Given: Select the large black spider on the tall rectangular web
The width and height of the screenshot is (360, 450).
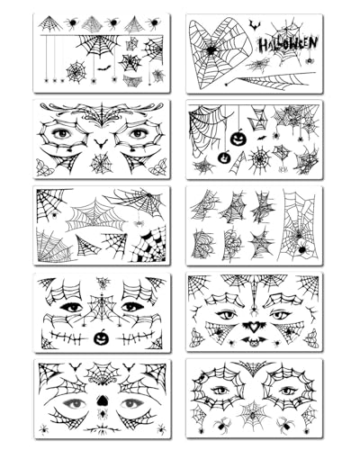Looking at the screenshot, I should [x=299, y=246].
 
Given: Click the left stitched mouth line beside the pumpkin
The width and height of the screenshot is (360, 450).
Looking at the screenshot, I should [x=64, y=337].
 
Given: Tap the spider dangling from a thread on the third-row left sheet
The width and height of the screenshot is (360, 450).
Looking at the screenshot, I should [x=139, y=221].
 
